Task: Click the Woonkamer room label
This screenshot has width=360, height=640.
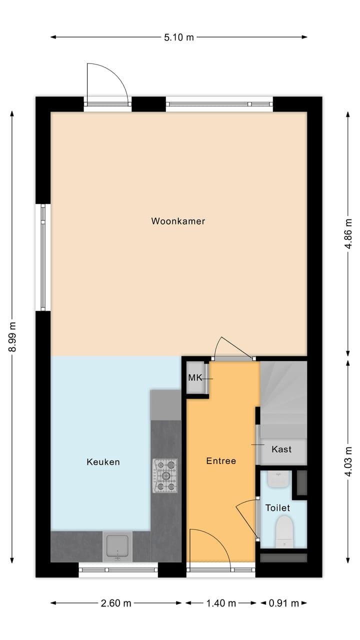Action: click(x=178, y=221)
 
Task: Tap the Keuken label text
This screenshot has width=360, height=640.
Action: click(x=103, y=462)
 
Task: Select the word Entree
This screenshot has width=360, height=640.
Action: click(x=221, y=461)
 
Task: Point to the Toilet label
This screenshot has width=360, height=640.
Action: click(x=277, y=508)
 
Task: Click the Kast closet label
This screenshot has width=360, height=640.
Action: click(x=281, y=449)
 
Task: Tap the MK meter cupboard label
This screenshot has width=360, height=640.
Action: click(x=195, y=377)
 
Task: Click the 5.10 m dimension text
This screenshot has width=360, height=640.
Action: click(x=179, y=37)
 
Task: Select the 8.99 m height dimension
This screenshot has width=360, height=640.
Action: click(x=12, y=337)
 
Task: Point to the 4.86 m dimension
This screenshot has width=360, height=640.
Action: click(x=348, y=233)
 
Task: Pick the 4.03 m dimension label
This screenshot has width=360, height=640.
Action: click(x=348, y=461)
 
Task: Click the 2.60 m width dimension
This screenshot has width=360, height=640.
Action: click(x=116, y=603)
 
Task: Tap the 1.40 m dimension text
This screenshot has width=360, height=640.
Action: click(x=221, y=603)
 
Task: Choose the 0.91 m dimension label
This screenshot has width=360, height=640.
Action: click(x=283, y=603)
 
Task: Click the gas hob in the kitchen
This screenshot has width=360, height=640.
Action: click(x=165, y=475)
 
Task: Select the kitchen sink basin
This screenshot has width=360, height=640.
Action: click(x=117, y=546)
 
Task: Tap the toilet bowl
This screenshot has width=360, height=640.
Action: click(x=285, y=531)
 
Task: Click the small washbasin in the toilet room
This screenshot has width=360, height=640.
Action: click(x=279, y=479)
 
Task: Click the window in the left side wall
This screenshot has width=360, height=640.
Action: click(x=43, y=257)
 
